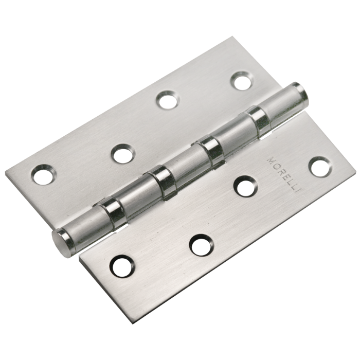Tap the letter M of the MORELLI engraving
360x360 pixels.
click(x=271, y=160)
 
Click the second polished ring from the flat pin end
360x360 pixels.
click(x=162, y=182)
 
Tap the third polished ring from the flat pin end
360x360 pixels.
click(x=211, y=150)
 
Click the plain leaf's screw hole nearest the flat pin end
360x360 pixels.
click(x=44, y=175)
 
